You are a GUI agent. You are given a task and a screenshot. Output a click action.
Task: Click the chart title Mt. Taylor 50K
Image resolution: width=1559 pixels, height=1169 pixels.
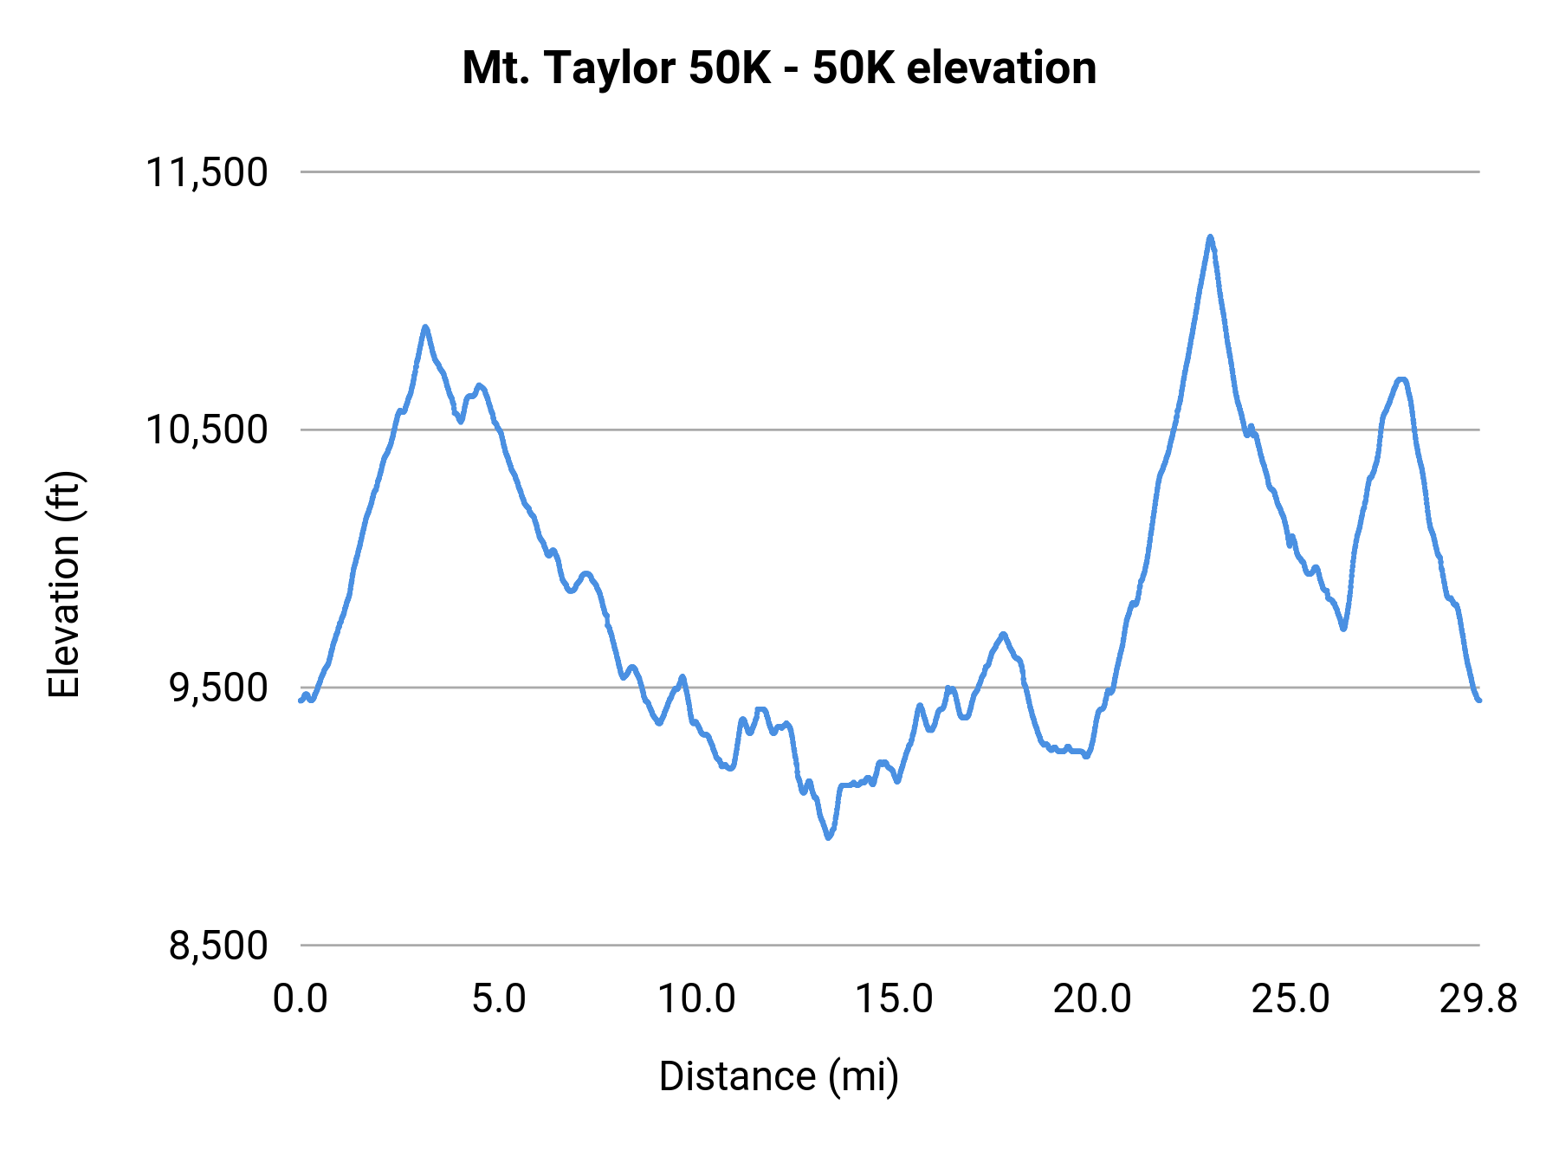[779, 68]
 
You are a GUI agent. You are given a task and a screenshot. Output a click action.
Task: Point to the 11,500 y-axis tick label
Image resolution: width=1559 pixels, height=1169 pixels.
[206, 172]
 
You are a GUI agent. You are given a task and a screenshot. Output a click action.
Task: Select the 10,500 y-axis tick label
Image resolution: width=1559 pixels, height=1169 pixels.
[206, 429]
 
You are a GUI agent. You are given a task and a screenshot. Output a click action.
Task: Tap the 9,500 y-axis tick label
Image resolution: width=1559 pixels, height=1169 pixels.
[217, 688]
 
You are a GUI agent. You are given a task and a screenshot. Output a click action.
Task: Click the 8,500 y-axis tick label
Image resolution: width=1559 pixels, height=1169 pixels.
[217, 946]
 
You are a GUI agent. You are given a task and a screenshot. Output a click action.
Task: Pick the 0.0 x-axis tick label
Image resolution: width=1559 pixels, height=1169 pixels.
[300, 999]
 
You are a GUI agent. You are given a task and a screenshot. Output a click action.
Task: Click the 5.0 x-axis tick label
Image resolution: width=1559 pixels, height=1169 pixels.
[499, 999]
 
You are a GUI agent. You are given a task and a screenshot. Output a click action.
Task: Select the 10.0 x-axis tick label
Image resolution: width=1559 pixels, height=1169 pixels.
[696, 999]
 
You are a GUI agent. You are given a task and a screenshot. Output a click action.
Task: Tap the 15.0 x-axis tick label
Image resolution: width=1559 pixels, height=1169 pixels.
[895, 999]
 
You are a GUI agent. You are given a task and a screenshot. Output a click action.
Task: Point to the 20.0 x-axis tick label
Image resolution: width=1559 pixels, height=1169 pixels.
[1092, 999]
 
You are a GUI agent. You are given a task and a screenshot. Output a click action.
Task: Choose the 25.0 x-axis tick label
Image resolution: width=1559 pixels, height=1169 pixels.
[1291, 999]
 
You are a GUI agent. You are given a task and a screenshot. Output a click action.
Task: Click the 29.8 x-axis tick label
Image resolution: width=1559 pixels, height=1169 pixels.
[1478, 999]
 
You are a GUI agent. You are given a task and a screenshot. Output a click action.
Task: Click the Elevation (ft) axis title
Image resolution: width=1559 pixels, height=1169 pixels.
[64, 584]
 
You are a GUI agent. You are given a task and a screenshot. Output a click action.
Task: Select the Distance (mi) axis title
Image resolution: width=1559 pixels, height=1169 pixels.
[779, 1076]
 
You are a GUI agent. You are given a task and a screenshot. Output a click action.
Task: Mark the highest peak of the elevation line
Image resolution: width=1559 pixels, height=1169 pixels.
[1210, 236]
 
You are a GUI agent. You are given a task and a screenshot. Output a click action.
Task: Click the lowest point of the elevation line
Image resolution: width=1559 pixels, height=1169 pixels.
[829, 837]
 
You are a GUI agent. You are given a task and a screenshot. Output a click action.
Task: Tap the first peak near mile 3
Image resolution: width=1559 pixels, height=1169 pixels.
[425, 326]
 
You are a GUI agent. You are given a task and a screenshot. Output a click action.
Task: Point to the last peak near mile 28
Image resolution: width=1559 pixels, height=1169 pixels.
[1401, 379]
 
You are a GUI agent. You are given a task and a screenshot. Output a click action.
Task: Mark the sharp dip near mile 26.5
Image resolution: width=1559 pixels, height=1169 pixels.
[1343, 629]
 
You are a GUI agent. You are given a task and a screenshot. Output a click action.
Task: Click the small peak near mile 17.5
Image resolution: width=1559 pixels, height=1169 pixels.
[1003, 634]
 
